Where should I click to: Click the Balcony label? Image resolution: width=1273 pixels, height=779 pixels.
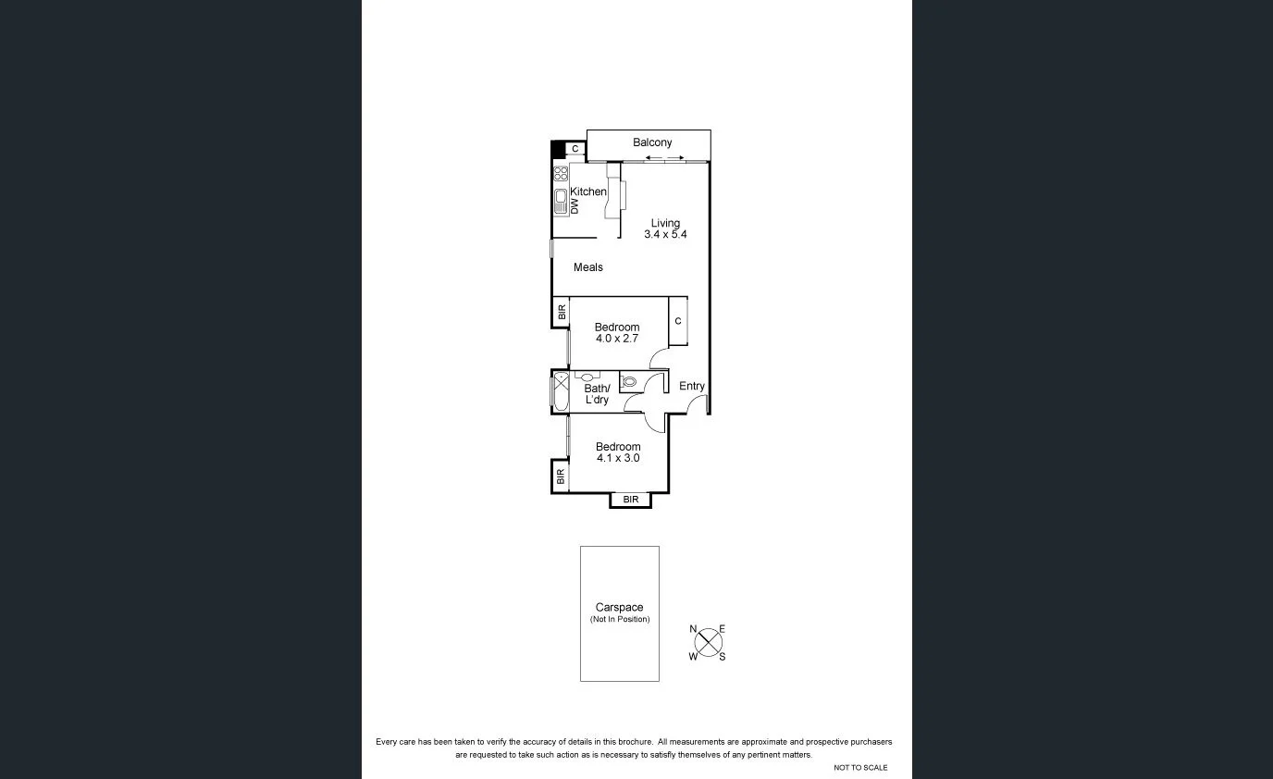652,142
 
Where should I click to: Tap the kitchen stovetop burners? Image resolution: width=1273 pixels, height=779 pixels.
561,173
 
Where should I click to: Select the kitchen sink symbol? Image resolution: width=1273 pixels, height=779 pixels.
561,201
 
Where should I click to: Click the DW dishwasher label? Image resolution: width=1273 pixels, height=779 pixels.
574,206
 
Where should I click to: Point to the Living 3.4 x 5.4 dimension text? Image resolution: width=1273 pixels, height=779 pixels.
665,235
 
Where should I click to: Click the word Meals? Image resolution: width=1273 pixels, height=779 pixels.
587,267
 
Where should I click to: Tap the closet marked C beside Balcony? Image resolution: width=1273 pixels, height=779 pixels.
575,149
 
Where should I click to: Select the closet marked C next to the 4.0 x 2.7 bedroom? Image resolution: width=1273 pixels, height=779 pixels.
678,321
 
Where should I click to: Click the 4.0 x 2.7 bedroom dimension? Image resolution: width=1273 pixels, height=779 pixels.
616,339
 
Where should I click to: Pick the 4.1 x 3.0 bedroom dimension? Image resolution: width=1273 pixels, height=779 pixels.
618,458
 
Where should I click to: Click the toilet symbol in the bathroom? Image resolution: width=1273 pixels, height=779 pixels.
629,380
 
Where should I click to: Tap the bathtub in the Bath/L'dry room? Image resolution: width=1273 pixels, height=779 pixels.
561,390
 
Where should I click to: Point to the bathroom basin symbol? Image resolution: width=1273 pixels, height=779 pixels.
587,377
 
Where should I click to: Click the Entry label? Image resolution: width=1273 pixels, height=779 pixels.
692,386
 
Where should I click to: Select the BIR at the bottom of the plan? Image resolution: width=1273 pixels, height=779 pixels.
631,500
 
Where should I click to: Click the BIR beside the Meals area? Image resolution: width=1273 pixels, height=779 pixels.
561,313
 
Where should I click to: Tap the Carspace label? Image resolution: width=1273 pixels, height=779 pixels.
619,608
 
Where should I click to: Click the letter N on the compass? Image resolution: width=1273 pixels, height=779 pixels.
693,629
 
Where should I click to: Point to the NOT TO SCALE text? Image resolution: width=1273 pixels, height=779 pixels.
860,768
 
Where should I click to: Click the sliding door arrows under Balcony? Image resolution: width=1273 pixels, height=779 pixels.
665,158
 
